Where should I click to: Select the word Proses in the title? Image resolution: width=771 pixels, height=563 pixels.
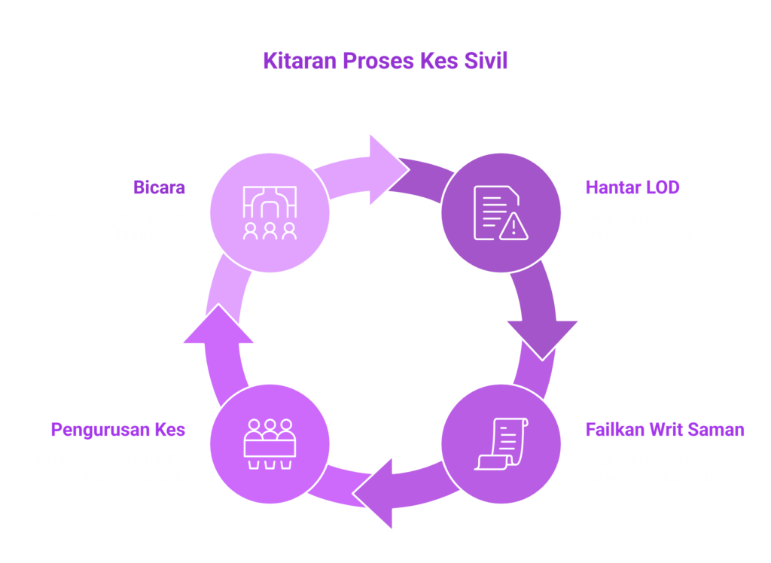pyautogui.click(x=378, y=61)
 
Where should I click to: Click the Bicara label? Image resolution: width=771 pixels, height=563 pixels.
pyautogui.click(x=159, y=187)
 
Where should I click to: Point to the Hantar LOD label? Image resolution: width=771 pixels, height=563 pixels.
pyautogui.click(x=632, y=187)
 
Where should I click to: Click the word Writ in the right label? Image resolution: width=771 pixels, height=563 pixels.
pyautogui.click(x=666, y=429)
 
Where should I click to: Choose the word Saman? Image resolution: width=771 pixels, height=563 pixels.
pyautogui.click(x=716, y=429)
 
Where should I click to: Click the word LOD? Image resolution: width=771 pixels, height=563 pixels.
pyautogui.click(x=663, y=187)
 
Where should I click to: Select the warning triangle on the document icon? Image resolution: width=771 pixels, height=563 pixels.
pyautogui.click(x=513, y=227)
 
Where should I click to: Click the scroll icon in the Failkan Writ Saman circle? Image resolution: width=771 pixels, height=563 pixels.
pyautogui.click(x=501, y=444)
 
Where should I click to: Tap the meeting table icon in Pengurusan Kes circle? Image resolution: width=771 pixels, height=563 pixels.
pyautogui.click(x=270, y=444)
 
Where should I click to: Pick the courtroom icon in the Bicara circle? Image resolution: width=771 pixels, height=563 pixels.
pyautogui.click(x=270, y=212)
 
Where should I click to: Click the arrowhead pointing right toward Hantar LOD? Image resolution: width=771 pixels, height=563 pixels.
pyautogui.click(x=389, y=169)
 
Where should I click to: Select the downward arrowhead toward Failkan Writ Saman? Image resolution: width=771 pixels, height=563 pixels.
pyautogui.click(x=542, y=340)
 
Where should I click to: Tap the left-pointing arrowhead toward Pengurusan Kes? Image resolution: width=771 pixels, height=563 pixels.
pyautogui.click(x=372, y=493)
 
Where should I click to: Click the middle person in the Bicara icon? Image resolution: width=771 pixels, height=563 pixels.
pyautogui.click(x=270, y=231)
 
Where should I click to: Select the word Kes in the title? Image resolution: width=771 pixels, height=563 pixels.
pyautogui.click(x=439, y=61)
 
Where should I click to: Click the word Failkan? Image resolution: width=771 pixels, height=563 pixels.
pyautogui.click(x=615, y=429)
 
